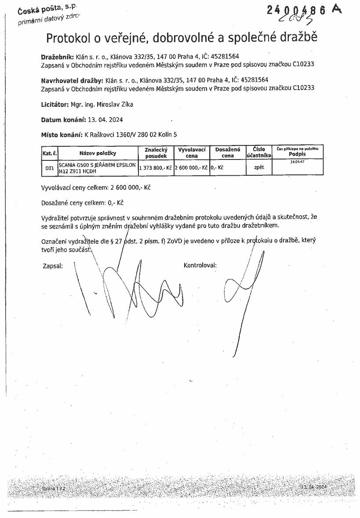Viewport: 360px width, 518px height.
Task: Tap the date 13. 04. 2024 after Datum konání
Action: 105,120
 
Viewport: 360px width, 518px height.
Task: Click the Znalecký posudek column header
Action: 156,152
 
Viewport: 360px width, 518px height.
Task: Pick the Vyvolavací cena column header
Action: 192,152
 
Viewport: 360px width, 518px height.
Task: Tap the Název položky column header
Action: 97,153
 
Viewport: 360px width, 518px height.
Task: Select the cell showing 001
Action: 50,167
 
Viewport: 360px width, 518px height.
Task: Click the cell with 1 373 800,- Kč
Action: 156,168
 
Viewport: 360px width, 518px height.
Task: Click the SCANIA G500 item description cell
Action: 97,167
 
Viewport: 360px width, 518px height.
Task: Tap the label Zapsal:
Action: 53,266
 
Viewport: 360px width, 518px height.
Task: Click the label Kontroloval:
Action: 200,265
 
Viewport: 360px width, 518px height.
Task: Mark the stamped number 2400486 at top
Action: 297,11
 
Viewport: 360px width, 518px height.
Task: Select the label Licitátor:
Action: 55,105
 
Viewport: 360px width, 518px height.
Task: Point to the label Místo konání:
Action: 62,134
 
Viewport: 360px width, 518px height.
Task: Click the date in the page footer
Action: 314,487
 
